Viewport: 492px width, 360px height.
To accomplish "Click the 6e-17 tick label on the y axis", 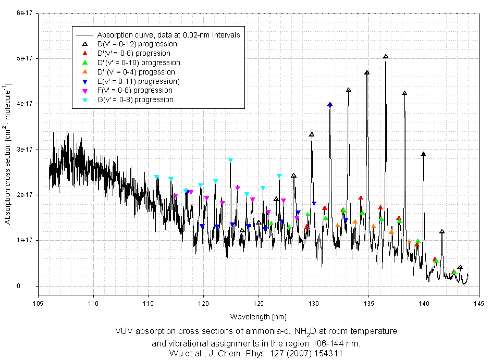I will [x=25, y=13].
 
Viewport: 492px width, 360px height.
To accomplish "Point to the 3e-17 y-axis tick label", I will [x=25, y=150].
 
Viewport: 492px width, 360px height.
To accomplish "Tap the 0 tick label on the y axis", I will [x=32, y=286].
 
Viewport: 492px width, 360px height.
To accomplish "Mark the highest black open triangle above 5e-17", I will [x=386, y=57].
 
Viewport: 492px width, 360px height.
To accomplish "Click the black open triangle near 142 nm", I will [x=442, y=232].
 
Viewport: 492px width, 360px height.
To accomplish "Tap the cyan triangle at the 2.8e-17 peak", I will [x=230, y=160].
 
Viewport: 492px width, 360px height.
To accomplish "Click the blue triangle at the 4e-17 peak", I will [x=329, y=105].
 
